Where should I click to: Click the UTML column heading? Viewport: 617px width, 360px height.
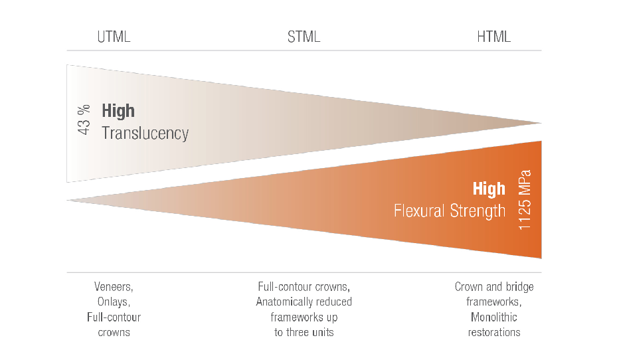pyautogui.click(x=114, y=37)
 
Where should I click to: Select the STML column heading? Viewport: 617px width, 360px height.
pyautogui.click(x=304, y=37)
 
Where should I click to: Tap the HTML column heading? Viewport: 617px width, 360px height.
pyautogui.click(x=494, y=37)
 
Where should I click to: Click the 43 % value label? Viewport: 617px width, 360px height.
pyautogui.click(x=84, y=120)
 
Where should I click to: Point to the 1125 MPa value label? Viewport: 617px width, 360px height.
pyautogui.click(x=525, y=200)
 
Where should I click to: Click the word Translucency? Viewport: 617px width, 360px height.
pyautogui.click(x=145, y=133)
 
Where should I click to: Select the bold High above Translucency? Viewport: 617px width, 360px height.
pyautogui.click(x=118, y=110)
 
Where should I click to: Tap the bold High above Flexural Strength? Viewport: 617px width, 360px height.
pyautogui.click(x=489, y=189)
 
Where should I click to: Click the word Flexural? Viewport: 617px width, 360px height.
pyautogui.click(x=419, y=211)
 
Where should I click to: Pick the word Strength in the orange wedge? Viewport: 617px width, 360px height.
pyautogui.click(x=478, y=211)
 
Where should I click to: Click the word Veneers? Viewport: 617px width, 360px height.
pyautogui.click(x=114, y=287)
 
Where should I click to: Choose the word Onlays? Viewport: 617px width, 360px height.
pyautogui.click(x=114, y=302)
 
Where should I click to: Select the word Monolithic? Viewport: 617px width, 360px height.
pyautogui.click(x=494, y=317)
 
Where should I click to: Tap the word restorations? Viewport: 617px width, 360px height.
pyautogui.click(x=494, y=332)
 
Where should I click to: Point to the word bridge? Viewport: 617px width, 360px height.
pyautogui.click(x=520, y=287)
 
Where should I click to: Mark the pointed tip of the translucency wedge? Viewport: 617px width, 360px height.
pyautogui.click(x=541, y=123)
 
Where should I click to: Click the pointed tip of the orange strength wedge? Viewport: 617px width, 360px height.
pyautogui.click(x=68, y=201)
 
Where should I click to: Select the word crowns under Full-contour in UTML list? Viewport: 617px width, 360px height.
pyautogui.click(x=114, y=333)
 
